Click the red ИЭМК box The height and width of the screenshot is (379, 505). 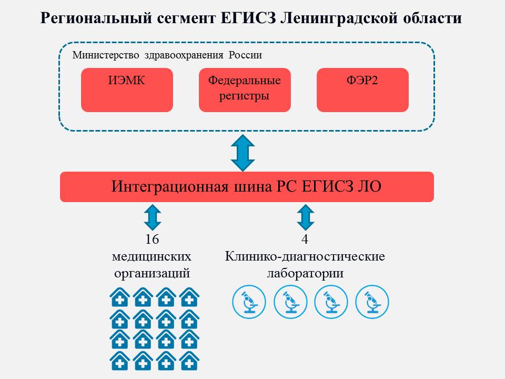pyautogui.click(x=127, y=90)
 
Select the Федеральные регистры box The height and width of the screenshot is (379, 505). pyautogui.click(x=245, y=90)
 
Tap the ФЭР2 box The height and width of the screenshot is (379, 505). pyautogui.click(x=362, y=90)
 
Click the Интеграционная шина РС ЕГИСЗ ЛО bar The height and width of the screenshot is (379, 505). pyautogui.click(x=247, y=187)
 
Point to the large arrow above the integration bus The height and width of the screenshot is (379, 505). pyautogui.click(x=243, y=153)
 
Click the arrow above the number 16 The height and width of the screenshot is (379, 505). pyautogui.click(x=152, y=216)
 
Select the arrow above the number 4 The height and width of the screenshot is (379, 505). pyautogui.click(x=305, y=216)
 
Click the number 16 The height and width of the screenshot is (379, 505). pyautogui.click(x=152, y=240)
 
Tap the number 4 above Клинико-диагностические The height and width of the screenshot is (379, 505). pyautogui.click(x=305, y=240)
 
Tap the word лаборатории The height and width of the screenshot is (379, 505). pyautogui.click(x=305, y=274)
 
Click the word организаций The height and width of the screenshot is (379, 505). pyautogui.click(x=151, y=274)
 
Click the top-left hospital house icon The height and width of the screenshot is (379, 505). pyautogui.click(x=120, y=298)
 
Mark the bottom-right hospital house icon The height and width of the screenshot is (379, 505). pyautogui.click(x=189, y=361)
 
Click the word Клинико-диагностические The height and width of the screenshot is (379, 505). pyautogui.click(x=305, y=257)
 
